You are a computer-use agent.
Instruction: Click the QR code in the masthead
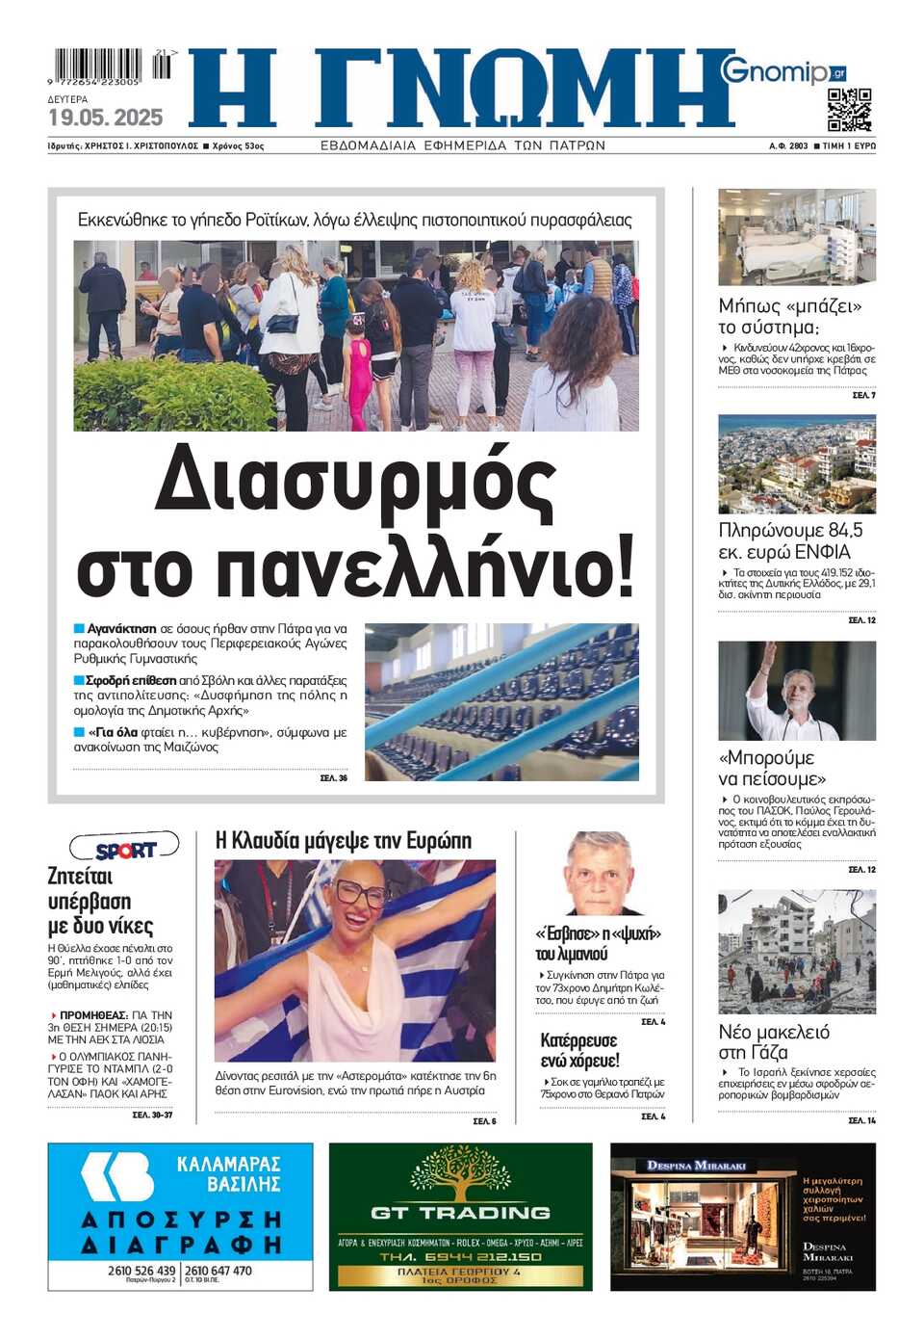[x=849, y=109]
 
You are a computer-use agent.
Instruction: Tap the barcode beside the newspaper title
[x=100, y=66]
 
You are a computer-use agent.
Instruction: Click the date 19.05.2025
[x=106, y=118]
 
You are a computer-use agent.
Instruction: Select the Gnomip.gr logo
[x=783, y=71]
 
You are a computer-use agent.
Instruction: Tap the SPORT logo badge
[x=125, y=849]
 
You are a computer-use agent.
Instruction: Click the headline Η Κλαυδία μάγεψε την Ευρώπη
[x=344, y=841]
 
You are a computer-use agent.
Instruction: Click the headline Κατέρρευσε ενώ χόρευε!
[x=579, y=1050]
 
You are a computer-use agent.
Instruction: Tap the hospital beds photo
[x=797, y=237]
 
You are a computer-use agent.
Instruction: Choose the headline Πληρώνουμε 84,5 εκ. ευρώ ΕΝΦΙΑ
[x=791, y=540]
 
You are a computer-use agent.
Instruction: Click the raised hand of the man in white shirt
[x=768, y=655]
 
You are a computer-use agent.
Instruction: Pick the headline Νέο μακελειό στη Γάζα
[x=773, y=1041]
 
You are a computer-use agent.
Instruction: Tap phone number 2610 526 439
[x=141, y=1270]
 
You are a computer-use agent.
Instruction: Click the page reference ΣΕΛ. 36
[x=334, y=777]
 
